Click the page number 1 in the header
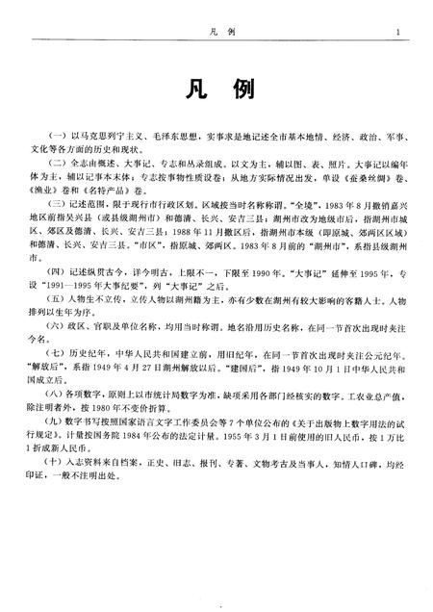point(396,33)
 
